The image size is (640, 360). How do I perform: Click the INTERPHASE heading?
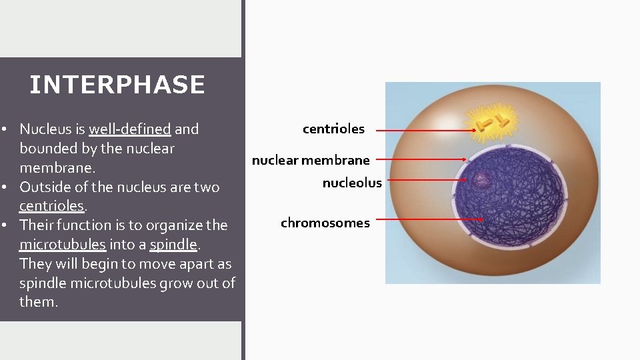[117, 85]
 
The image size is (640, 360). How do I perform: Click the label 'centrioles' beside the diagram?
[333, 129]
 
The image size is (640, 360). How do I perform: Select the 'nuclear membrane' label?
[311, 160]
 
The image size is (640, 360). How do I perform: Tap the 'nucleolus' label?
[352, 183]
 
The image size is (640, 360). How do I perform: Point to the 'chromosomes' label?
[325, 223]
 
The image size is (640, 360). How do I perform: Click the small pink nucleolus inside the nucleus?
[481, 179]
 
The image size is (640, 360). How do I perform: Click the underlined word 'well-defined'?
[130, 129]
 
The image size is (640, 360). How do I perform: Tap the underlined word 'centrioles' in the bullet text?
[51, 206]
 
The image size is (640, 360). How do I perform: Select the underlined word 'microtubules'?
[62, 245]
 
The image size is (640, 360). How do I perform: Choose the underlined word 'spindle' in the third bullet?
[173, 245]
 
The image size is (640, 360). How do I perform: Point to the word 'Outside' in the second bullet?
[43, 187]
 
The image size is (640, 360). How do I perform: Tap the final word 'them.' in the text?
[39, 302]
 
